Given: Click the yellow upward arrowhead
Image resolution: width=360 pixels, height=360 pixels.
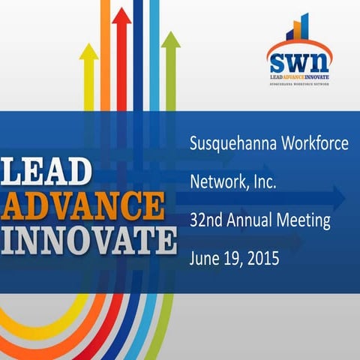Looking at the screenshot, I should [88, 52].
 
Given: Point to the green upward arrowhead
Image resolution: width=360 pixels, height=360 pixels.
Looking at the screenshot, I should [171, 39].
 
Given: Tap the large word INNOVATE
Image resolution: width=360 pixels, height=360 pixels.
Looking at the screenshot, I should [88, 240].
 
